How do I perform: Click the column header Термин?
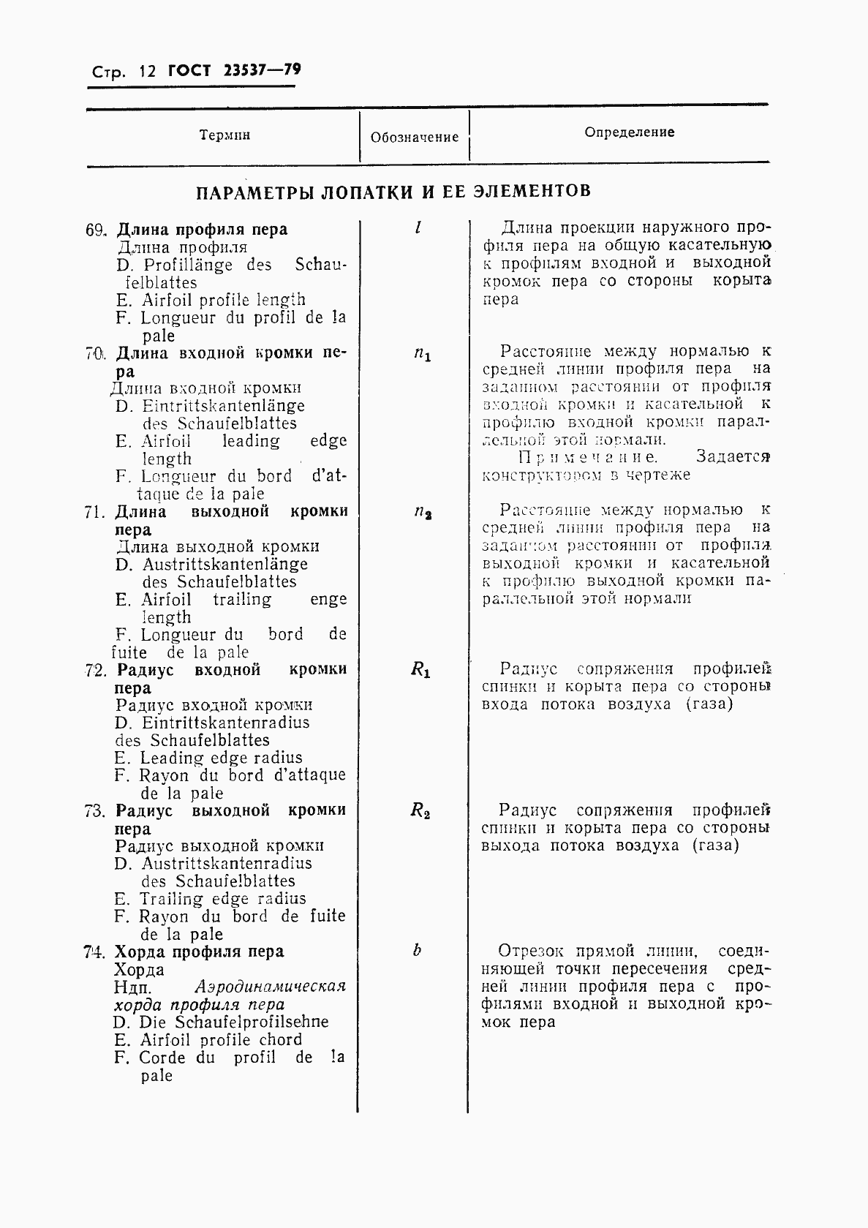[224, 135]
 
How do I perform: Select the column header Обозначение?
[415, 137]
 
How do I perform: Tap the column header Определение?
[629, 132]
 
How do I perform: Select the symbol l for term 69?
[418, 228]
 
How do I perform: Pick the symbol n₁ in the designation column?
[422, 355]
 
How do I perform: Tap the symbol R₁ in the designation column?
[420, 670]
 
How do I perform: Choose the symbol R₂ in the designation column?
[420, 810]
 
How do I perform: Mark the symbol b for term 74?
[417, 951]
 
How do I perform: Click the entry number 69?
[95, 230]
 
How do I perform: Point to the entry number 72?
[95, 670]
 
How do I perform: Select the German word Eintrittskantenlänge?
[223, 406]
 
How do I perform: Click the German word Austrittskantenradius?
[226, 864]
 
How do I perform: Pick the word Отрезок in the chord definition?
[531, 952]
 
